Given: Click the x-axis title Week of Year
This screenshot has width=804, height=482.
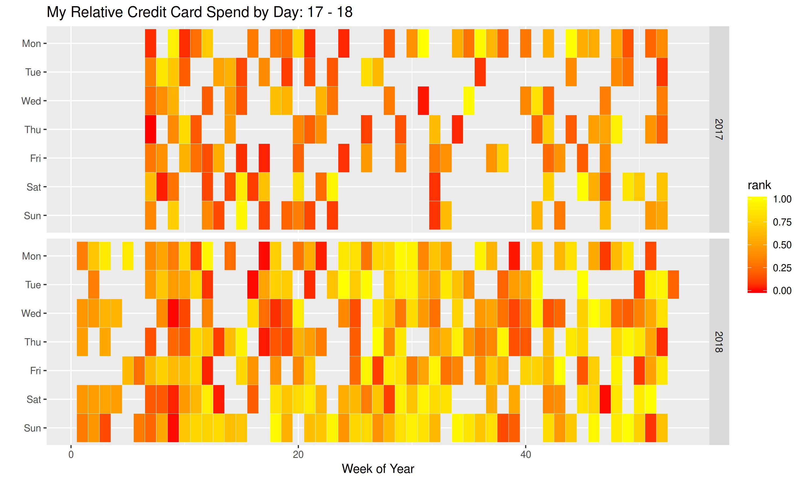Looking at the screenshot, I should pos(378,469).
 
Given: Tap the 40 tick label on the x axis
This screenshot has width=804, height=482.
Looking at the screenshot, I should pos(525,454).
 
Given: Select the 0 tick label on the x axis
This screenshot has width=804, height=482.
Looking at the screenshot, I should pos(71,454).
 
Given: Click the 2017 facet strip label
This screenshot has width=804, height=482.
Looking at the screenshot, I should pos(719,129).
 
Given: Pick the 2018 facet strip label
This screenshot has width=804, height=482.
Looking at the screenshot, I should pos(719,342).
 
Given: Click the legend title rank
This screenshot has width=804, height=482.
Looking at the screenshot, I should pos(759,185).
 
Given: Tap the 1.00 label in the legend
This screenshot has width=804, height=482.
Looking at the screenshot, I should pos(782,199).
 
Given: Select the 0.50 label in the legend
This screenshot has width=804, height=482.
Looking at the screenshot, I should pos(782,245).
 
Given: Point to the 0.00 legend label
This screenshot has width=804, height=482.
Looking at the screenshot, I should pos(782,291).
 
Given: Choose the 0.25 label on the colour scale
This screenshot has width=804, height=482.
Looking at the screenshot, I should pos(782,268).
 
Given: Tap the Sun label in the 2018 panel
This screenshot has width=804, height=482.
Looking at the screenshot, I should pos(32,428).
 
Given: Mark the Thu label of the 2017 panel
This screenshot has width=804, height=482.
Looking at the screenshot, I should pos(32,130).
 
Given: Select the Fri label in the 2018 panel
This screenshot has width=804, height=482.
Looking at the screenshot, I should pos(35,371).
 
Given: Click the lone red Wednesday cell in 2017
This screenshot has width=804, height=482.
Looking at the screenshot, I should pos(423,101).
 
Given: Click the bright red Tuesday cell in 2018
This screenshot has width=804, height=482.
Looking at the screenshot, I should pos(252,285).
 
